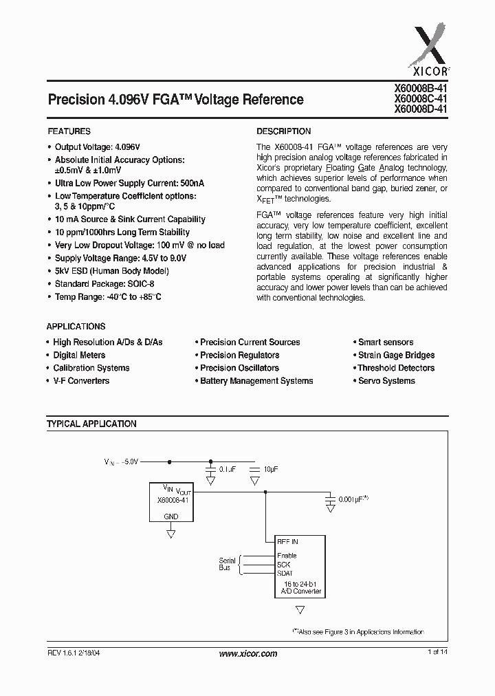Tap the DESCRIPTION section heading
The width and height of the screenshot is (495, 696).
283,131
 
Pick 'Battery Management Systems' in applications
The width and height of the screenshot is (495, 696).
256,381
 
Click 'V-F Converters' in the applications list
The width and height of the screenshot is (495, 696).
81,381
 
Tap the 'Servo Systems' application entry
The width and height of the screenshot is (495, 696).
386,381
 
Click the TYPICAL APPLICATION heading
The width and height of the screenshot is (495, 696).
91,424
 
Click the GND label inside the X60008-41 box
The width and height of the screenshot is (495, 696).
171,516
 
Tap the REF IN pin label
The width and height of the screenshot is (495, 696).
287,542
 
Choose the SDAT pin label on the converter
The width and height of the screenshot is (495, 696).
285,574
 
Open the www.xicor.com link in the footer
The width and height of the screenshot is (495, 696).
248,654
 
